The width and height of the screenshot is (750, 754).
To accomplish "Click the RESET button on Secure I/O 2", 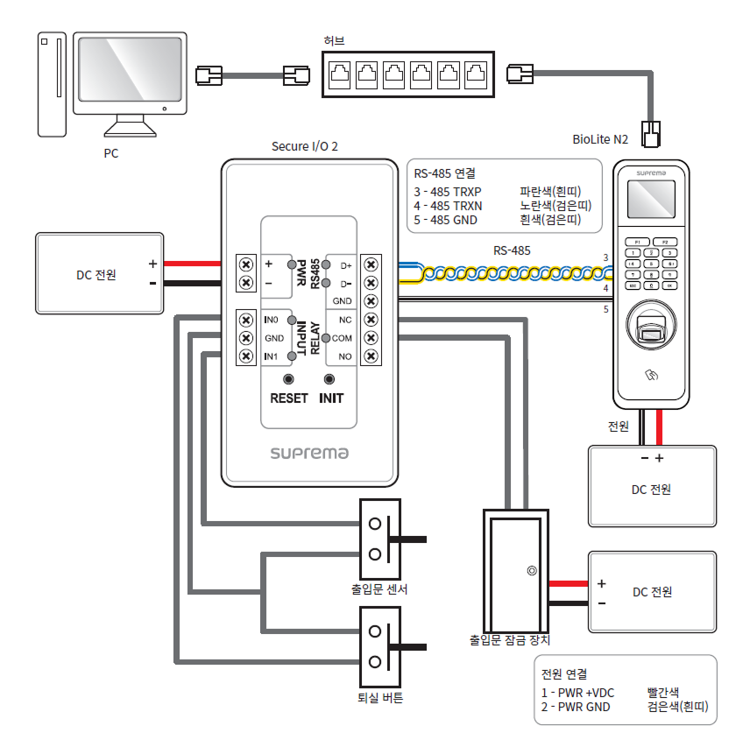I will (288, 379).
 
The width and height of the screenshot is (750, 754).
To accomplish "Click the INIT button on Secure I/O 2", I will (330, 379).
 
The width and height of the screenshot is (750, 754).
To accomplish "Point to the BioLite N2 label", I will (600, 139).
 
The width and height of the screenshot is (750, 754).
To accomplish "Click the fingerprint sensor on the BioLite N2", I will (649, 334).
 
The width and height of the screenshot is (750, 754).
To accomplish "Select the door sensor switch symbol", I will (382, 539).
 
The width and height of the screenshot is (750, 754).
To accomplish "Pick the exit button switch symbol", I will (382, 646).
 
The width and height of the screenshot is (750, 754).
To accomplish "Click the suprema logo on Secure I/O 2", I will (309, 453).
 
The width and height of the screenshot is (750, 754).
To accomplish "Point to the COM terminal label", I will (342, 338).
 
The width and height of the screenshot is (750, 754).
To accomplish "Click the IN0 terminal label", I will (272, 320).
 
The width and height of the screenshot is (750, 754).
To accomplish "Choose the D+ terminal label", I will (344, 264).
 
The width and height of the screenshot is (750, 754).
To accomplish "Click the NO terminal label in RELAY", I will (344, 356).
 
